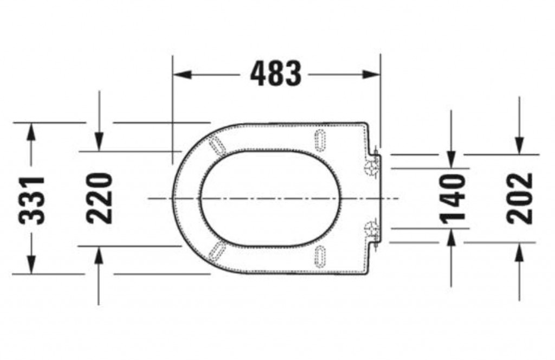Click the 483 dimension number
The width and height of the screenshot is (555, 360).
(x=276, y=74)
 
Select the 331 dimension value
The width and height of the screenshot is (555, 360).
(x=32, y=200)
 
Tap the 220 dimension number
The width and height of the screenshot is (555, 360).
(x=100, y=198)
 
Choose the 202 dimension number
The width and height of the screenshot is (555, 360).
(x=519, y=198)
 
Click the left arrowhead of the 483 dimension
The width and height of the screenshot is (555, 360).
(x=182, y=75)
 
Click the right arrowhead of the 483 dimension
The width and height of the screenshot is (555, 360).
(x=372, y=75)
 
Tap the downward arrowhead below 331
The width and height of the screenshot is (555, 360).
(x=31, y=265)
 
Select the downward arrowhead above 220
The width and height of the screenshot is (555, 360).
(x=99, y=142)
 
